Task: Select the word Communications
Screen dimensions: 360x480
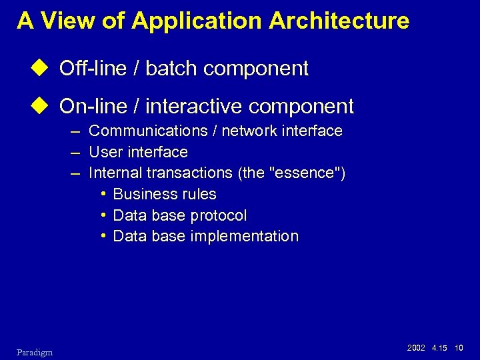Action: point(148,131)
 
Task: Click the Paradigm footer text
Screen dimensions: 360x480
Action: point(35,351)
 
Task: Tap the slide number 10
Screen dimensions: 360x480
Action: point(459,348)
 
